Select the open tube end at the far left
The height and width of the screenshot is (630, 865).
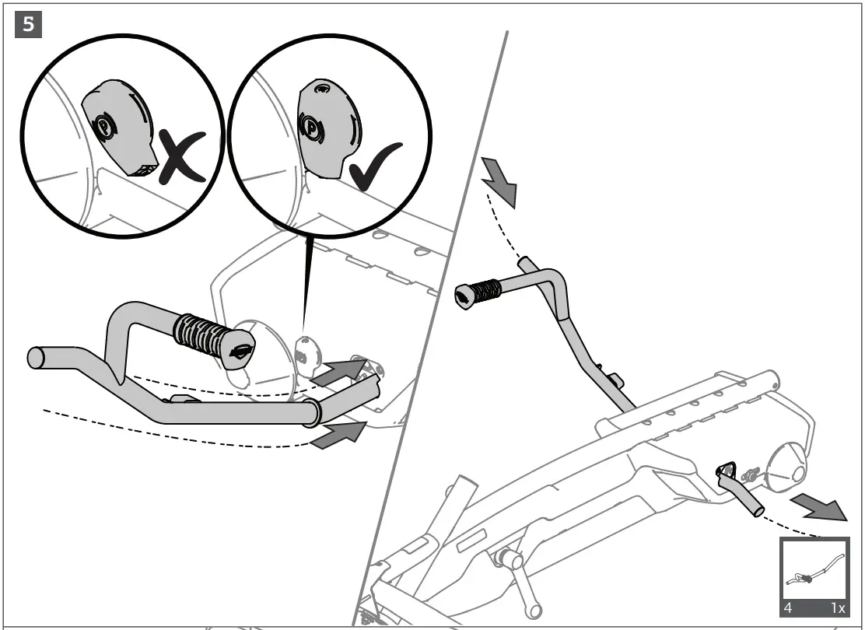(x=36, y=358)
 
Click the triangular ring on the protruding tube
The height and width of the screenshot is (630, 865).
(x=727, y=469)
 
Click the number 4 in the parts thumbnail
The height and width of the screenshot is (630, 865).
(x=789, y=607)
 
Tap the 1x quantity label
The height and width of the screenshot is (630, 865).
(x=837, y=607)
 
